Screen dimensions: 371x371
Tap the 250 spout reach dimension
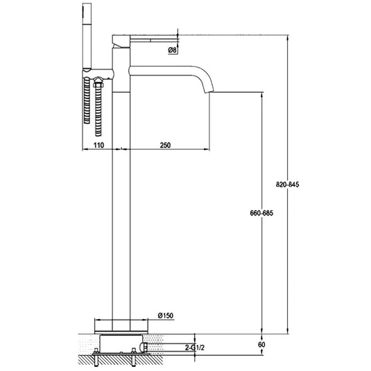coord(165,145)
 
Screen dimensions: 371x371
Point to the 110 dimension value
coord(98,145)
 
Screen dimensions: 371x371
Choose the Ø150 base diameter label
coord(165,315)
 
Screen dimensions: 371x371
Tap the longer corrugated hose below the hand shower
coord(85,101)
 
